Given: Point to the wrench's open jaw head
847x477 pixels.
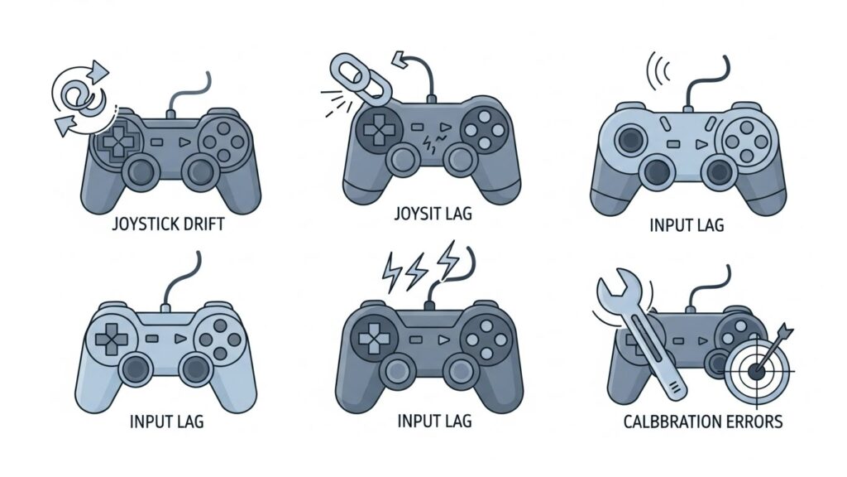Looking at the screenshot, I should tap(613, 291).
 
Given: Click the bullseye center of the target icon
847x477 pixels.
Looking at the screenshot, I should tap(756, 371).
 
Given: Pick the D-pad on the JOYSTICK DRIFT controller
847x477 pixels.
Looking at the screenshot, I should tap(114, 140).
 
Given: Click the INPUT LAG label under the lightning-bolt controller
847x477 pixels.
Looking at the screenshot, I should tap(434, 421).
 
